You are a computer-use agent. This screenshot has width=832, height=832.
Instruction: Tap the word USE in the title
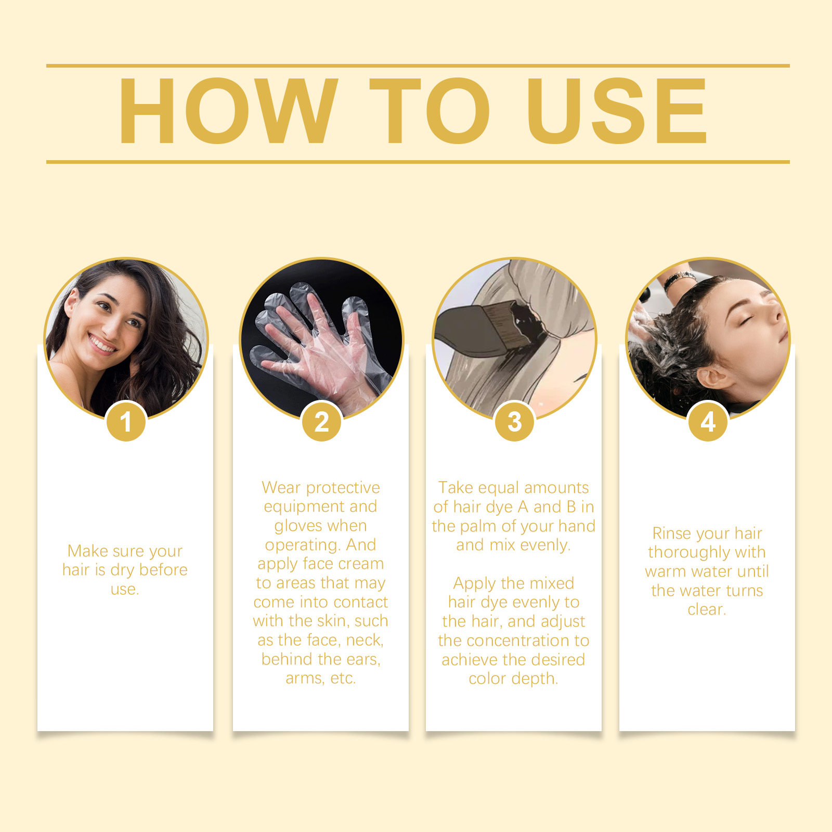[x=617, y=111]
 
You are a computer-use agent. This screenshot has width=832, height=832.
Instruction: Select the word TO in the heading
[x=430, y=111]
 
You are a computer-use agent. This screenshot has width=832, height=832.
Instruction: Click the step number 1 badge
[x=126, y=421]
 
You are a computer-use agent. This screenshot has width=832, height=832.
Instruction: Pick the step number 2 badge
[x=321, y=421]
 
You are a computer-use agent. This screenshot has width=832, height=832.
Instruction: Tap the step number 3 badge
[x=514, y=421]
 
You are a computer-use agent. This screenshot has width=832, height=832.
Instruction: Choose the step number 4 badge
[x=708, y=421]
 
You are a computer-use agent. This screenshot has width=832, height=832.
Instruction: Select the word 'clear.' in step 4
[x=707, y=609]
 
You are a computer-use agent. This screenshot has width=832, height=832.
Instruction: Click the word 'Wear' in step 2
[x=281, y=488]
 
